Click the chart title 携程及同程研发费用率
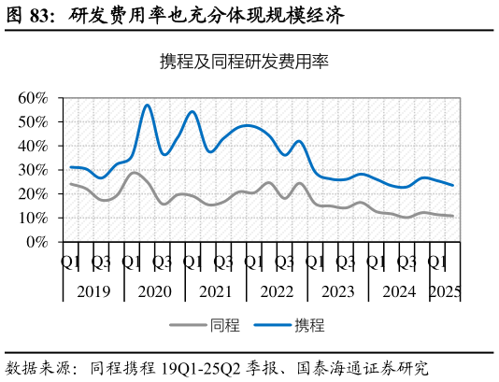click(x=244, y=63)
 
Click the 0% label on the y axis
click(x=36, y=243)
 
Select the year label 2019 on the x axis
click(x=93, y=292)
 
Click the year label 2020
click(x=154, y=292)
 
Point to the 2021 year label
click(x=216, y=292)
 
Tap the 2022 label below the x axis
click(x=277, y=292)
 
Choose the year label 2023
click(x=337, y=292)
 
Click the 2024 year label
click(x=399, y=292)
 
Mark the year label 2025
click(x=445, y=292)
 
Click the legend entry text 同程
click(x=226, y=326)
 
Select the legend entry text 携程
click(x=309, y=326)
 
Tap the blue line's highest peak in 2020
click(x=147, y=105)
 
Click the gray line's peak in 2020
click(x=135, y=173)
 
